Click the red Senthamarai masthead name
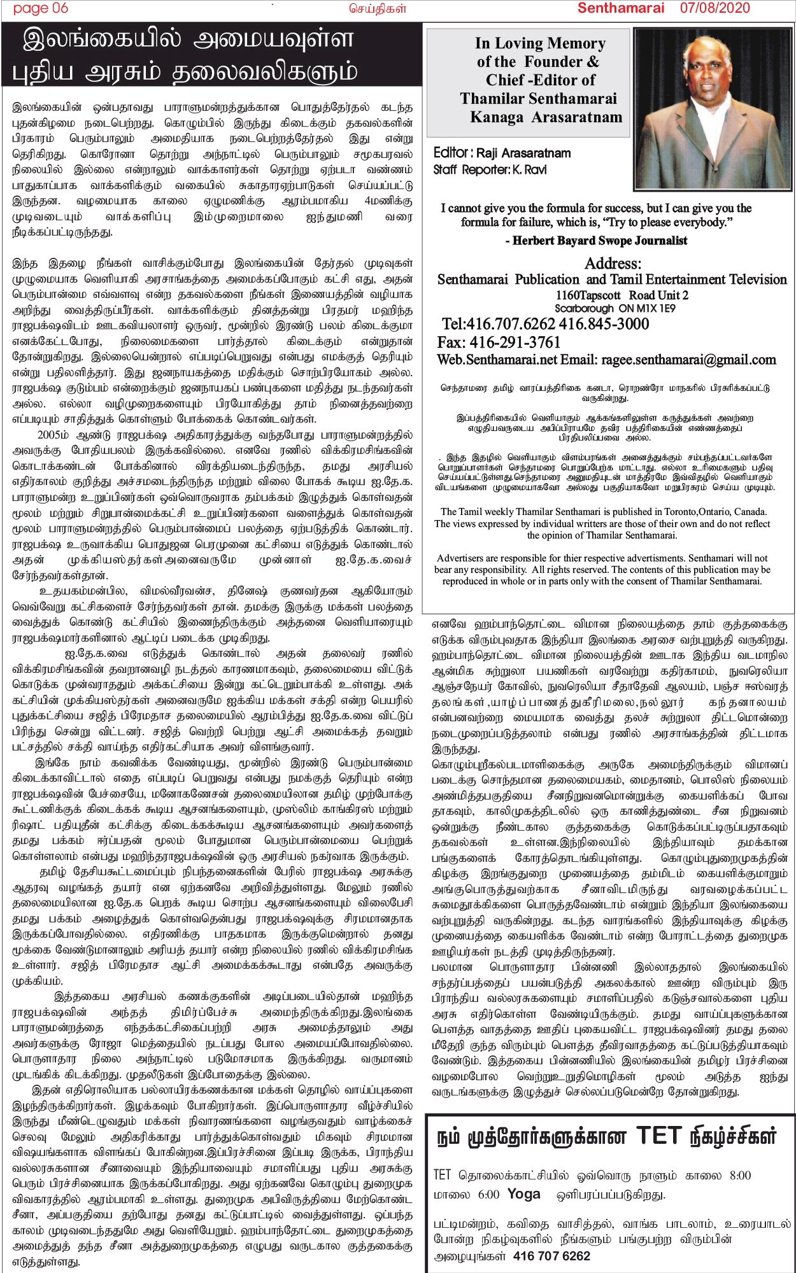click(621, 8)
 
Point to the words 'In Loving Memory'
click(540, 44)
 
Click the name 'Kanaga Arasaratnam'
click(546, 117)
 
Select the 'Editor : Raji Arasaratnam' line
click(502, 153)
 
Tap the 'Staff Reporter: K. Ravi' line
click(490, 170)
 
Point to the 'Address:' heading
click(613, 264)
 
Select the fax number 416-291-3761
click(516, 342)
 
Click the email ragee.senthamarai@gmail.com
click(688, 360)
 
